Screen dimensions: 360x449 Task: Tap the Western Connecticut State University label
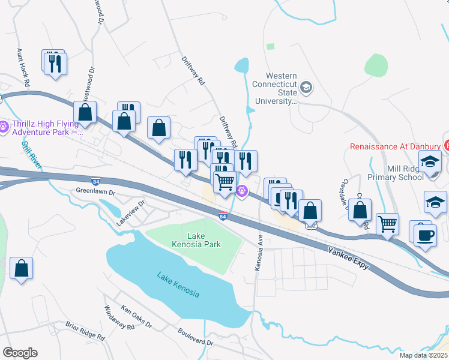click(273, 89)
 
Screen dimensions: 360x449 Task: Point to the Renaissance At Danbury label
click(394, 146)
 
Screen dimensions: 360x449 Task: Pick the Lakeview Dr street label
click(131, 213)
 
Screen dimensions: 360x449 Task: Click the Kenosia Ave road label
click(260, 252)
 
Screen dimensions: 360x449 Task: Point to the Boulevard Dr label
click(195, 337)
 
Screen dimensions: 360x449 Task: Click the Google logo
click(20, 353)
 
